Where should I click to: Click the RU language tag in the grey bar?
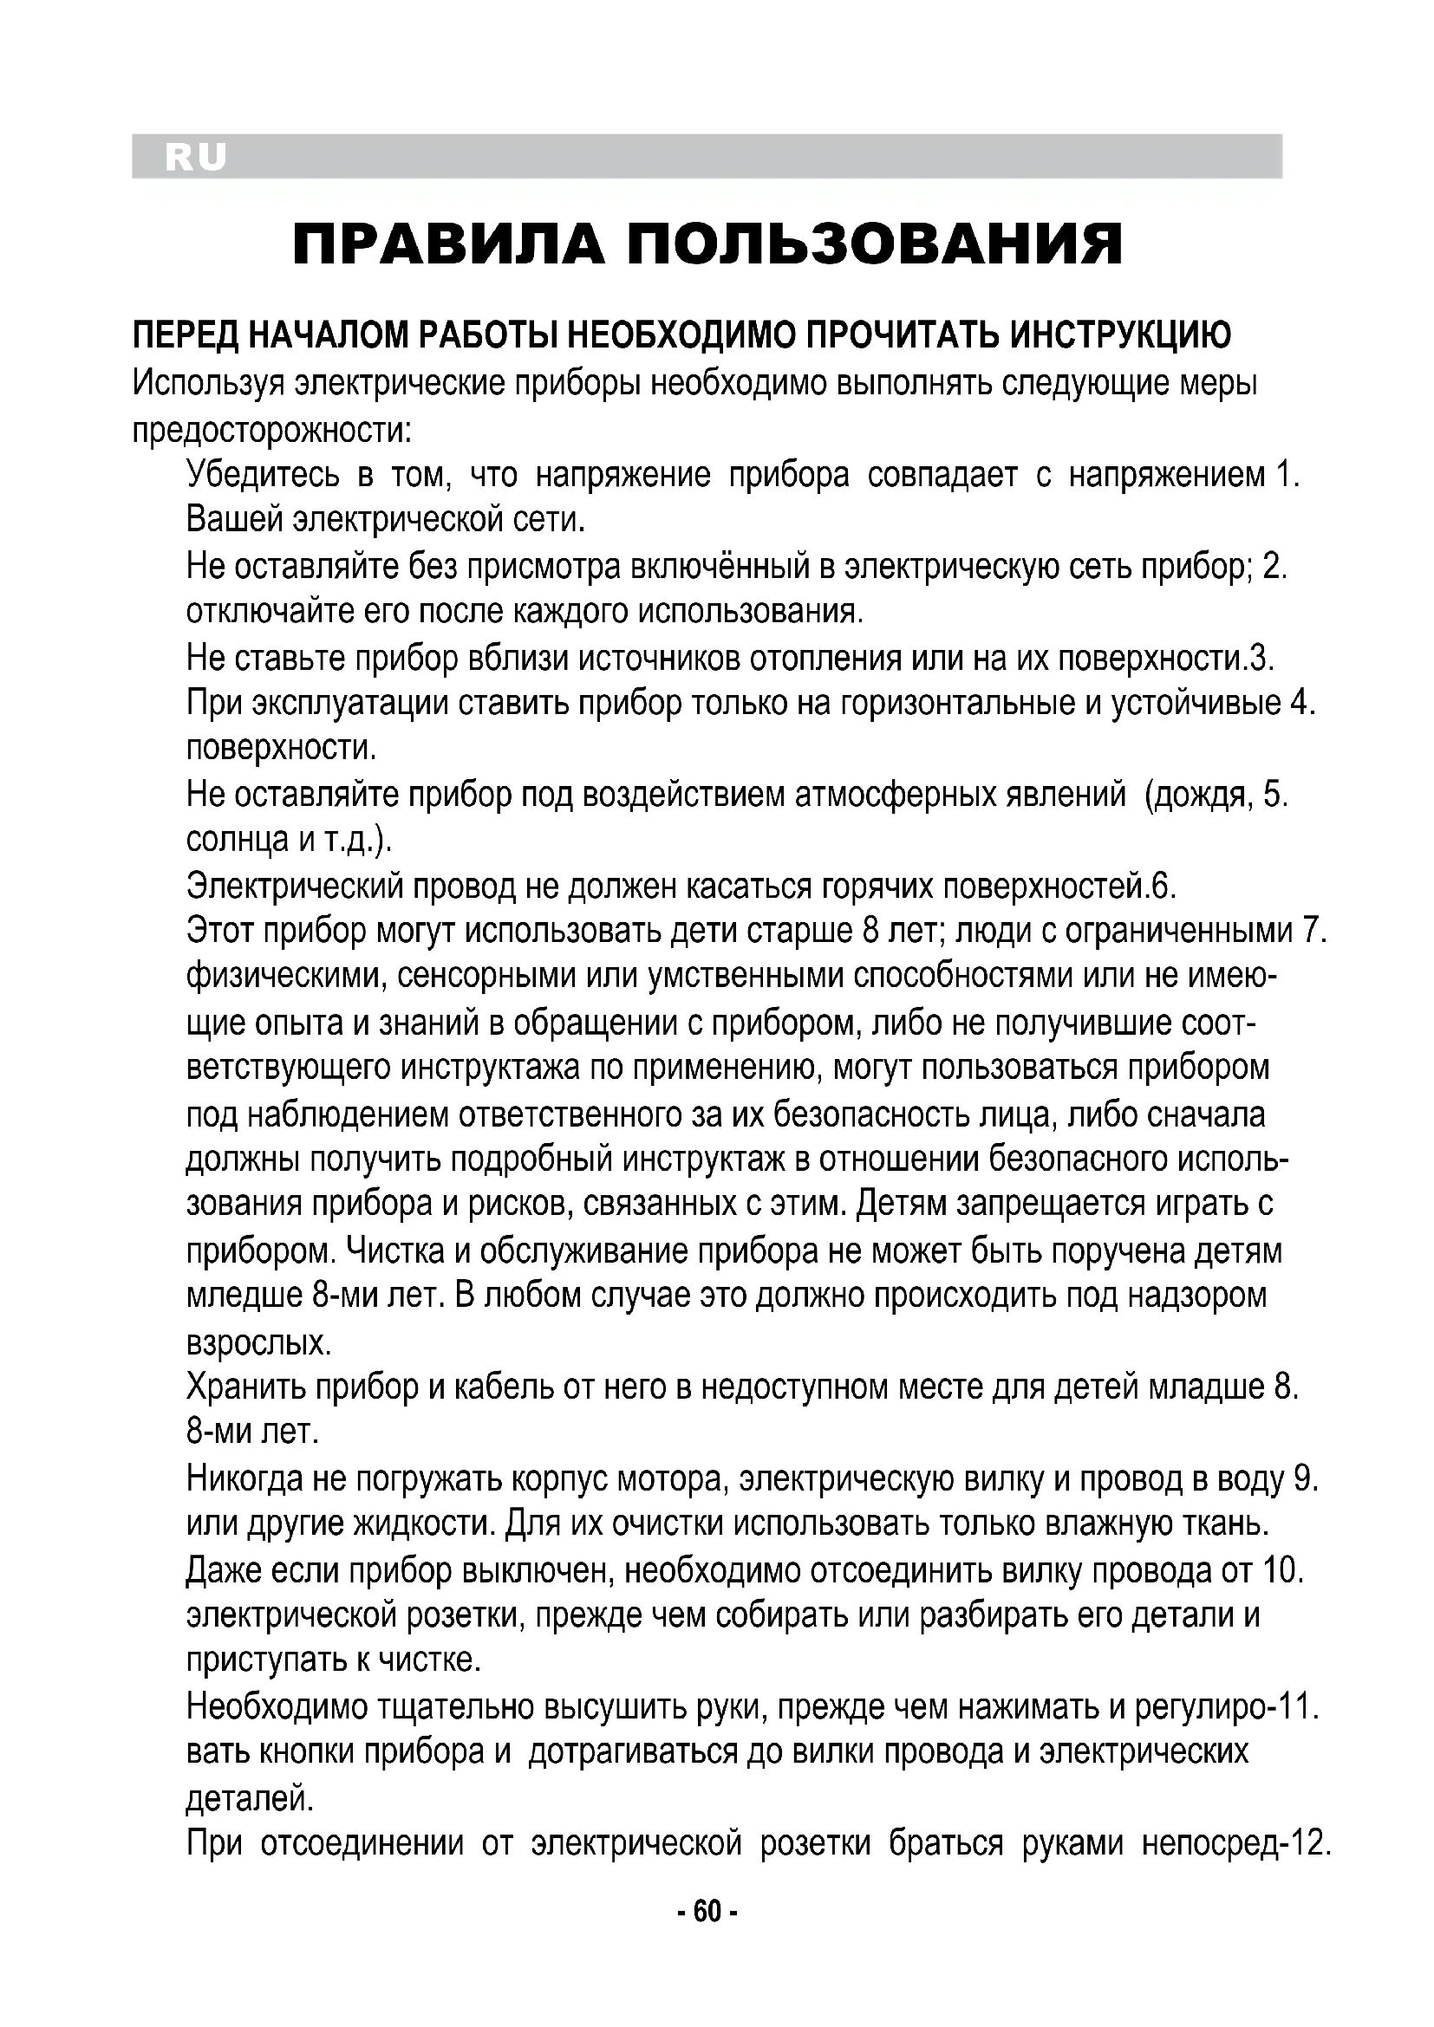[x=195, y=158]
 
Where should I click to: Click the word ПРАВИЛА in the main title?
[x=448, y=245]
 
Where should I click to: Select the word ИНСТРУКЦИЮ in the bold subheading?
[x=1120, y=335]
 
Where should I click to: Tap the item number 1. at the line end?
[x=1288, y=476]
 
